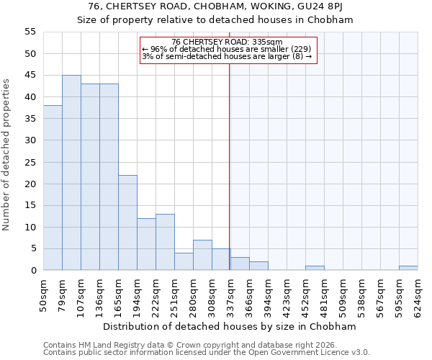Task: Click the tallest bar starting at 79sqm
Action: pyautogui.click(x=71, y=173)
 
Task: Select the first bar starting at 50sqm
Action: pyautogui.click(x=53, y=188)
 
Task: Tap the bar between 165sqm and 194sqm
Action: pyautogui.click(x=127, y=222)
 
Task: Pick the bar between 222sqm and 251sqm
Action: pyautogui.click(x=165, y=242)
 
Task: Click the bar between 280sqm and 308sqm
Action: pyautogui.click(x=202, y=255)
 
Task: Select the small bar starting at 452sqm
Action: pyautogui.click(x=315, y=268)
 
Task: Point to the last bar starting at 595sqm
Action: pyautogui.click(x=408, y=268)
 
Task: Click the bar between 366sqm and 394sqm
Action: pyautogui.click(x=258, y=266)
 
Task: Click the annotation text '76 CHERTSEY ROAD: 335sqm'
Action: pyautogui.click(x=228, y=42)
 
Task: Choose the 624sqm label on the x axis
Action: pyautogui.click(x=418, y=294)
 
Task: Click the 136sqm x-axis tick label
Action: pyautogui.click(x=99, y=294)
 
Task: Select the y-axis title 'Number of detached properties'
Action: pyautogui.click(x=7, y=155)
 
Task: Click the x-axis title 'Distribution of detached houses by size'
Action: pyautogui.click(x=230, y=326)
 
